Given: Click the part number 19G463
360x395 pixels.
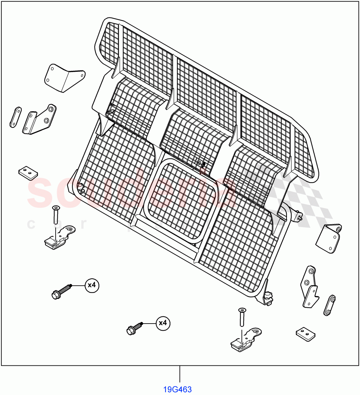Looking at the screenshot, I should tap(178, 390).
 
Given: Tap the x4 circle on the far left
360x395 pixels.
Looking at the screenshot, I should tap(92, 285).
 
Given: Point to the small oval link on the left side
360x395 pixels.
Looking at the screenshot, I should tap(15, 117).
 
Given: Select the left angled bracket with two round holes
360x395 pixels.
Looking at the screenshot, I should tap(39, 119).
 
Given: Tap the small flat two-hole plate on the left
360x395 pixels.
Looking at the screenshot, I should tap(28, 173).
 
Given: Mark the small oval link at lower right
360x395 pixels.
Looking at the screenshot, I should tap(329, 306).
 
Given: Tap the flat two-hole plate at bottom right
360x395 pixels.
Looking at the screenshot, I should tap(306, 334).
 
